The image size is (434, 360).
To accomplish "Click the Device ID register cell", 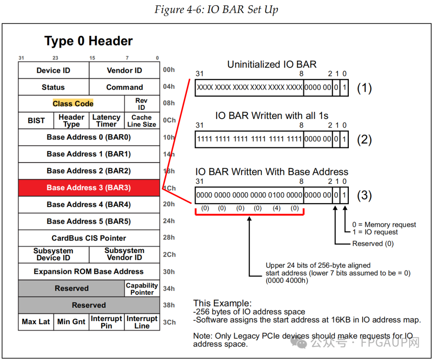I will click(x=53, y=71).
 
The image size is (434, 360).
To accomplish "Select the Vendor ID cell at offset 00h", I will click(x=124, y=71).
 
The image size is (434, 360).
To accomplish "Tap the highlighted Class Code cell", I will click(x=73, y=104).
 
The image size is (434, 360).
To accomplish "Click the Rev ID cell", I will click(x=141, y=104).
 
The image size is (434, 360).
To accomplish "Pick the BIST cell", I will click(x=36, y=121).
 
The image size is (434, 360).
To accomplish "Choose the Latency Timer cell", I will click(x=106, y=121).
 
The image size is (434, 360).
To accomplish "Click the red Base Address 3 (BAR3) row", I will click(x=89, y=188).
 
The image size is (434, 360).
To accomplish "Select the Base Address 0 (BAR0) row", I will click(x=89, y=138).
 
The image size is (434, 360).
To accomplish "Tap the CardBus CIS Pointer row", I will click(x=89, y=238).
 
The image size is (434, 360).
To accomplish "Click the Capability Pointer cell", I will click(x=142, y=289).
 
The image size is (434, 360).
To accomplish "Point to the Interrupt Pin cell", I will click(x=106, y=322).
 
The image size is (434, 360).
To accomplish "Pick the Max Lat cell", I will click(x=36, y=322).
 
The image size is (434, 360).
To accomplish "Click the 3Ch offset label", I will click(x=169, y=322).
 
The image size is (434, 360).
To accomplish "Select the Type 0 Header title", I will click(x=88, y=41).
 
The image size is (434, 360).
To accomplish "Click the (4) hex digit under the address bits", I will click(x=276, y=208).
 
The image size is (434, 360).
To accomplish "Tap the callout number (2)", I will click(x=364, y=140).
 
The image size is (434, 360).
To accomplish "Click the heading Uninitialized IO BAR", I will click(x=272, y=64).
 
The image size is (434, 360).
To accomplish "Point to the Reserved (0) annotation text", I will click(x=373, y=244).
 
